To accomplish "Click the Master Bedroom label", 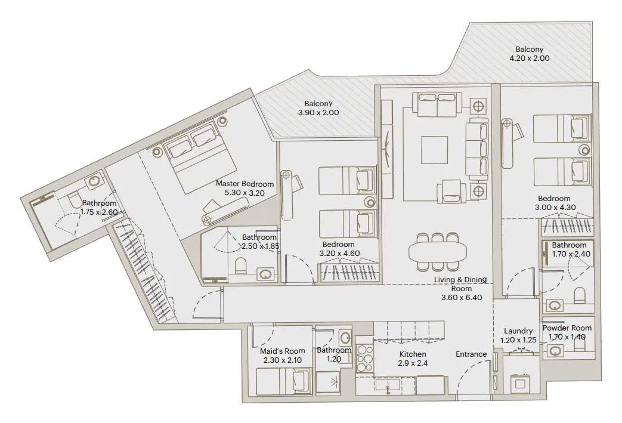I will [245, 184].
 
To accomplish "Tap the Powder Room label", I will [567, 328].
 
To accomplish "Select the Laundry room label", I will [518, 331].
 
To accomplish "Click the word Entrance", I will [471, 354].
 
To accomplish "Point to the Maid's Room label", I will [283, 351].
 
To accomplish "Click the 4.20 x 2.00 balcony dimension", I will [529, 58].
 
